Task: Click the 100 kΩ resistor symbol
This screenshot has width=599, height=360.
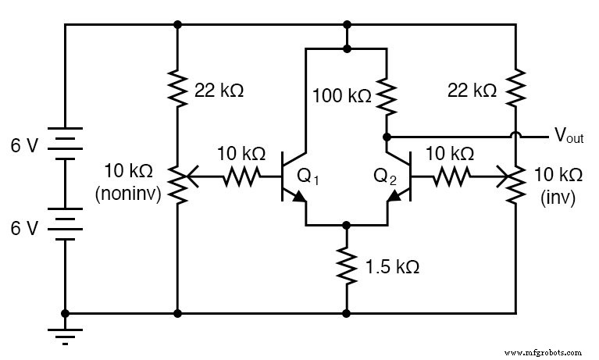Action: pos(385,95)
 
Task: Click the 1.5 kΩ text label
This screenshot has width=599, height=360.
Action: pos(392,266)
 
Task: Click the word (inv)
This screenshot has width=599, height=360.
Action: pos(557,198)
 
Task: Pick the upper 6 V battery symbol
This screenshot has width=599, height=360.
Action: pos(65,144)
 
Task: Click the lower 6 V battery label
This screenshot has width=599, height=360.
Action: pos(23,227)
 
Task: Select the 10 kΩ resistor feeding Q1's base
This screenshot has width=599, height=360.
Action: pos(237,178)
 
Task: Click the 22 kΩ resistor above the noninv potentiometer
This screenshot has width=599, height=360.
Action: pos(178,90)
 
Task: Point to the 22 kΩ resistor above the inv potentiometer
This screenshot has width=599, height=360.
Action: pos(515,90)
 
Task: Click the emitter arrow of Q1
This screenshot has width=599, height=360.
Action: pos(298,198)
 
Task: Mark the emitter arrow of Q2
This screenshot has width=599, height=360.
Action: pos(396,198)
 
